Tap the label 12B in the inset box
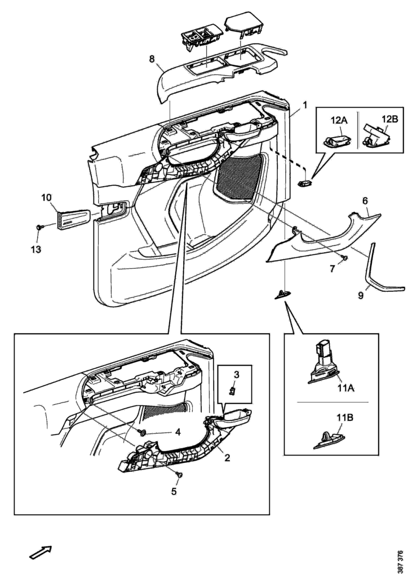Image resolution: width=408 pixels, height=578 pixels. pos(390,120)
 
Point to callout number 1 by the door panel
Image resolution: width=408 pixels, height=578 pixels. pos(305,105)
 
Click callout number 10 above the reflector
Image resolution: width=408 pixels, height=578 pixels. pos(46,197)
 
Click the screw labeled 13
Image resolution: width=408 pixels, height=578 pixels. pos(39,226)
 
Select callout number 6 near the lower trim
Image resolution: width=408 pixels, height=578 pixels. pos(365,200)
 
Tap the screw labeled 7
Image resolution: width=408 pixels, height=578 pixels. pos(345,257)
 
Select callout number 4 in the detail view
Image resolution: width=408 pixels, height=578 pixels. pos(178,432)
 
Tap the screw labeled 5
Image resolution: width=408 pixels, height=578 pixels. pos(179,476)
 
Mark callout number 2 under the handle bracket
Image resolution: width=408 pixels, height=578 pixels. pos(227,458)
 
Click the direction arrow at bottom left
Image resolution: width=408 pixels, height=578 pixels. pos(41,553)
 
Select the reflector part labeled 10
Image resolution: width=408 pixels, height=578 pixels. pos(73,217)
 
